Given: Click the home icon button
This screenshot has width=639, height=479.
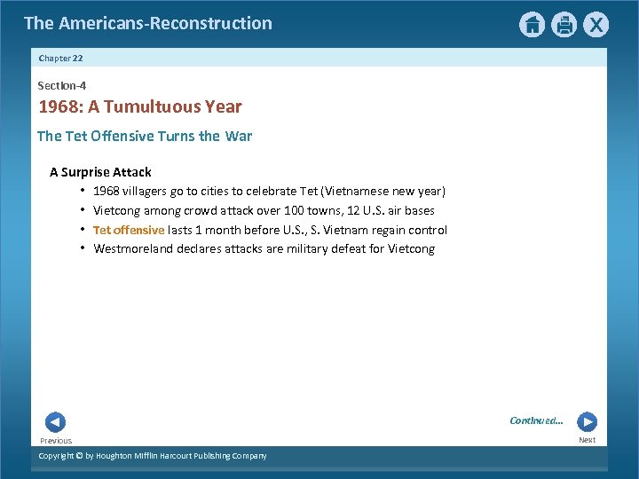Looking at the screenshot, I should [x=532, y=25].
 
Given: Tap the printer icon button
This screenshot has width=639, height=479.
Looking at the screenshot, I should [x=564, y=25].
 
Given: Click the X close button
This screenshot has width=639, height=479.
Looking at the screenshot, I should [x=596, y=25].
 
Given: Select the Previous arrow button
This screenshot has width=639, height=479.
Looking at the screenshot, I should [x=55, y=422].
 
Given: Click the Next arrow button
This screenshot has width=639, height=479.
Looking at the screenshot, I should [x=587, y=422].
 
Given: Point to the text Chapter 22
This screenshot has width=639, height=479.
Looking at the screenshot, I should [x=60, y=58].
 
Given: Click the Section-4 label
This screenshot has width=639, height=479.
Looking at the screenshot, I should [x=61, y=85].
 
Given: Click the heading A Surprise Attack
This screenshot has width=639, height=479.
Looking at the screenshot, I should [x=100, y=172].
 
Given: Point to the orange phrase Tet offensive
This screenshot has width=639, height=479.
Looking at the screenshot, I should [x=129, y=230].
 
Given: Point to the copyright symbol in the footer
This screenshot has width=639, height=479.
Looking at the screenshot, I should [x=78, y=456].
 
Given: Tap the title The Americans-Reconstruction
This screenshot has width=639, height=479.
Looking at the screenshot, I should [x=148, y=23].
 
